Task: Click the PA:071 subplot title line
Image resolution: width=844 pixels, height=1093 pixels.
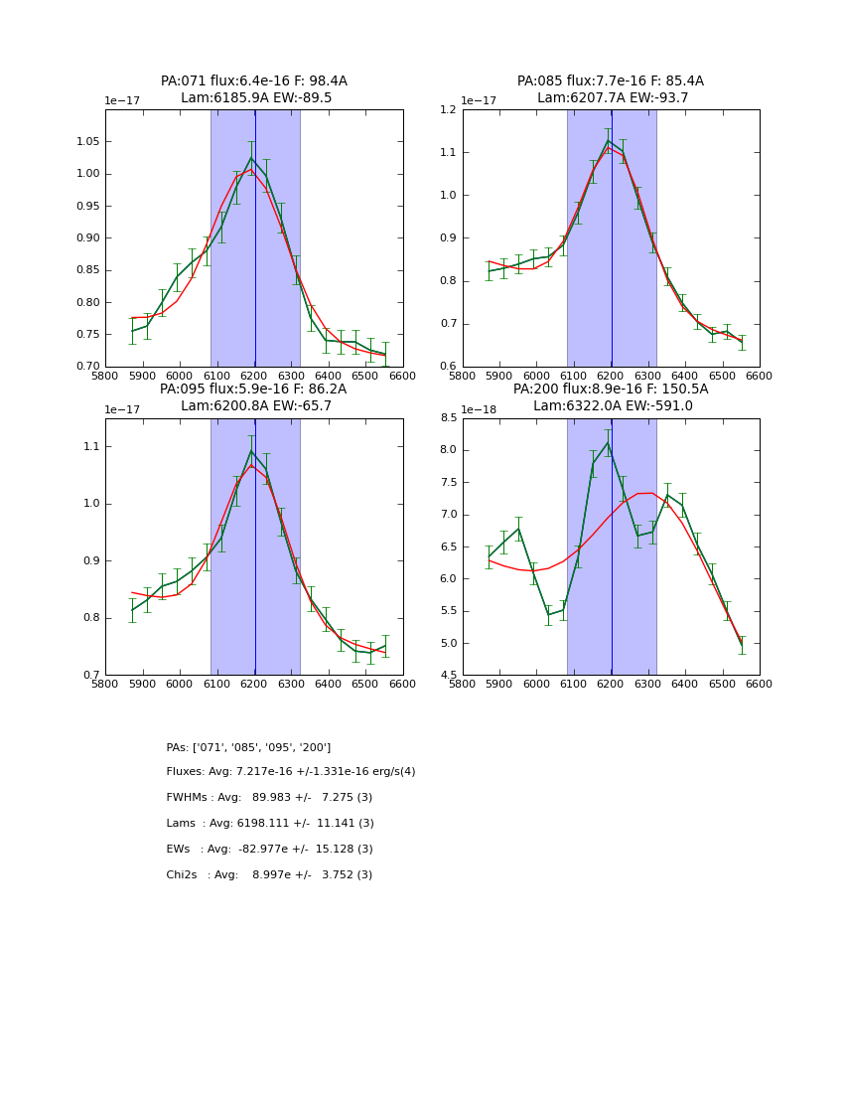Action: point(254,81)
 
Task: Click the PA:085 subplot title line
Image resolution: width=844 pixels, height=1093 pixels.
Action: point(610,81)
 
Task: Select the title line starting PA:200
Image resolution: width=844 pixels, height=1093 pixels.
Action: point(610,390)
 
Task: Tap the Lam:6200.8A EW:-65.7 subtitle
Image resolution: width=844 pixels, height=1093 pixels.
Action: point(254,405)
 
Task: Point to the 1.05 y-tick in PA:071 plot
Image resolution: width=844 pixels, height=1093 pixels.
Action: point(86,142)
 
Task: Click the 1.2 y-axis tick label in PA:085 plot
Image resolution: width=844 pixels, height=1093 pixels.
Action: point(446,110)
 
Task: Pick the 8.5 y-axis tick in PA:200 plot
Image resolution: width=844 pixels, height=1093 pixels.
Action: point(446,418)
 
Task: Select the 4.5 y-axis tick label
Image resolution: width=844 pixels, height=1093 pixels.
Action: point(446,675)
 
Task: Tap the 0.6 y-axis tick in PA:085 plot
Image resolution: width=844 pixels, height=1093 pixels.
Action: point(446,367)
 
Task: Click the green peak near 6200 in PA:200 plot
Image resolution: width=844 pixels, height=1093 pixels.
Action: point(608,442)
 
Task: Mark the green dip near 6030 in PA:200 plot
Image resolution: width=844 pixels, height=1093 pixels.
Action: point(548,614)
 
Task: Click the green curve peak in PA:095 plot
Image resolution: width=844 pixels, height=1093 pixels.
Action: point(251,450)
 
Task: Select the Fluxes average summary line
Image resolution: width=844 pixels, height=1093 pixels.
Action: point(291,772)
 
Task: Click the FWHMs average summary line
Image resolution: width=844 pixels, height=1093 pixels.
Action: point(269,798)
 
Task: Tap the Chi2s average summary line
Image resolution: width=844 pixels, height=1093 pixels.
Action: point(269,875)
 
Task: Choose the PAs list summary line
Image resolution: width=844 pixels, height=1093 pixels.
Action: point(248,747)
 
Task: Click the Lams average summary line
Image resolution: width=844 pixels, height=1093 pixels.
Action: point(270,824)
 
